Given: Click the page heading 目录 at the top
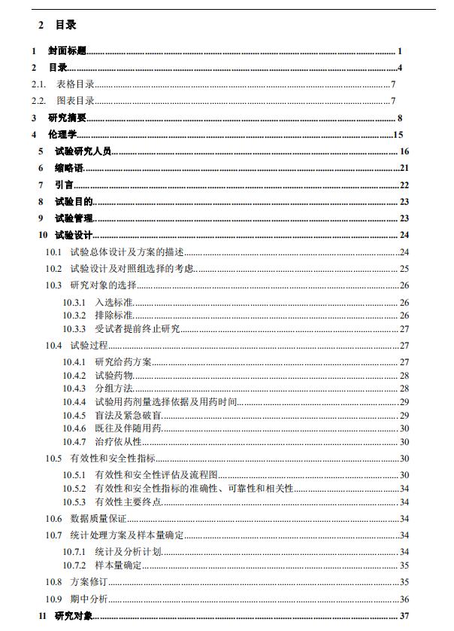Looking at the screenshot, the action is coord(66,25).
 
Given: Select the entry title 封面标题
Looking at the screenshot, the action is coord(67,51).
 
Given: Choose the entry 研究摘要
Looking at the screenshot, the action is coord(67,118).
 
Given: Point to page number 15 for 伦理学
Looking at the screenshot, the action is coord(399,135).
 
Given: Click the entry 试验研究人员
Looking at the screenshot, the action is coord(83,151).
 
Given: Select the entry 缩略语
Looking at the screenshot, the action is coord(69,168).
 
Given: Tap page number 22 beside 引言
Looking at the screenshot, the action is coord(404,185).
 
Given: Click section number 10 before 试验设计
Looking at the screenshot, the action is coord(44,236).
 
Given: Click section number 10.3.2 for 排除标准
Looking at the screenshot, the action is coord(74,315).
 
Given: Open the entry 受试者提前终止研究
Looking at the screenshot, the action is coord(138,329).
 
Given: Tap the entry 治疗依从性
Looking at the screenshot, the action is coord(118,441).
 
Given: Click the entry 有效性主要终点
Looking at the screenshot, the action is coord(129,501).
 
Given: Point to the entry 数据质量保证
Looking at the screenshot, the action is coord(98,519).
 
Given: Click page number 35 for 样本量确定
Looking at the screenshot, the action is coord(404,565).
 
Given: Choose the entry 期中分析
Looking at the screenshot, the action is coord(89,599).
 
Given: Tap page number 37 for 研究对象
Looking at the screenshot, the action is coord(404,616).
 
